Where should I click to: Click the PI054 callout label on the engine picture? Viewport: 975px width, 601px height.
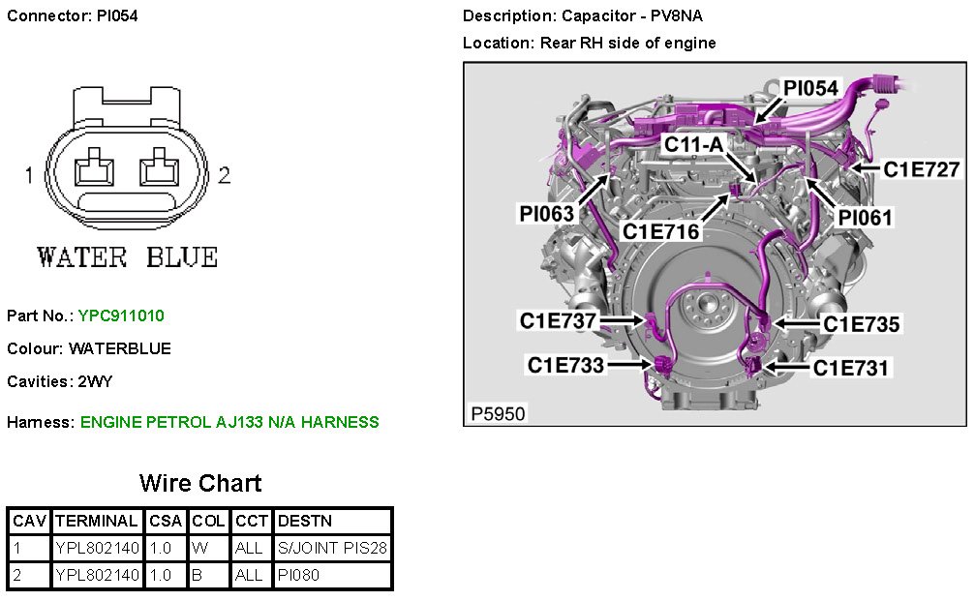point(810,88)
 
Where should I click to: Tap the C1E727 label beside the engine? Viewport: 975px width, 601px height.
point(922,169)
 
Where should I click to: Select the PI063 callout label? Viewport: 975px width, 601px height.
point(547,214)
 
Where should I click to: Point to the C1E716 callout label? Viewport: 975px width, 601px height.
point(661,232)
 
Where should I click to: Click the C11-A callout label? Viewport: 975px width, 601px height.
point(694,144)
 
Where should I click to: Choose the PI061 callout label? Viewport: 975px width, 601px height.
point(865,218)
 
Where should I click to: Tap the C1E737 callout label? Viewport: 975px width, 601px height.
point(558,320)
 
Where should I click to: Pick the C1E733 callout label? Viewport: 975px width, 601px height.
point(565,365)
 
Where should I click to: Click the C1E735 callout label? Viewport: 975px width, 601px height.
point(861,324)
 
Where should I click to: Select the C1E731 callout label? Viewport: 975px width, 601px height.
point(851,368)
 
